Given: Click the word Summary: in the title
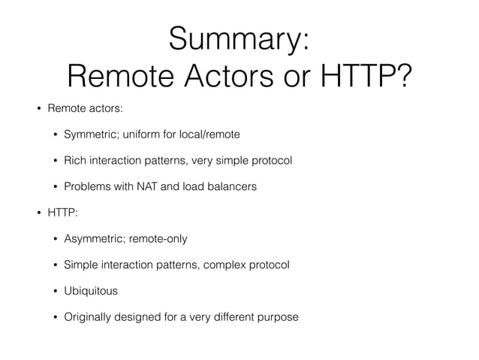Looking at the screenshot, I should (239, 38).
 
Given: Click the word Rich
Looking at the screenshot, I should (74, 160).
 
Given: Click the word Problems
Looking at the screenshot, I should (89, 186).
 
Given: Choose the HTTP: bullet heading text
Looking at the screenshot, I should (62, 213).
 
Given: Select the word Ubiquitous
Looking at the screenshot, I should (91, 291).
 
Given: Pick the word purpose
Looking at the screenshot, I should (277, 316).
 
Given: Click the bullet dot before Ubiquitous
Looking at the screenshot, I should (54, 291).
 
